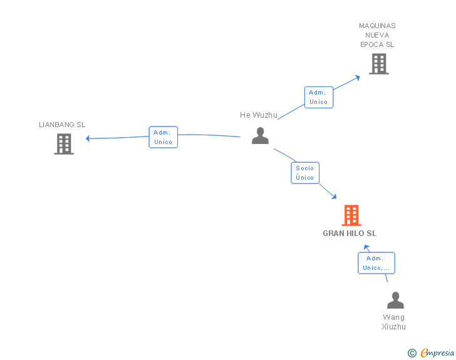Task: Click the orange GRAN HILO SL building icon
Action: click(x=351, y=215)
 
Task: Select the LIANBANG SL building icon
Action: click(x=64, y=144)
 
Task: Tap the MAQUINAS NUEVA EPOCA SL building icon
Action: click(x=379, y=64)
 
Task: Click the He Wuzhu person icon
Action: click(x=261, y=135)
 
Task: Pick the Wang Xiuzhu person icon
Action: click(x=395, y=300)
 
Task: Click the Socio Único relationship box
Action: click(x=305, y=173)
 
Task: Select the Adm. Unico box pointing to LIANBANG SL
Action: click(x=163, y=137)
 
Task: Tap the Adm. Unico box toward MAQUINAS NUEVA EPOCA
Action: click(x=319, y=97)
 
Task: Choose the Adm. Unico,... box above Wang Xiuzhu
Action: click(x=376, y=263)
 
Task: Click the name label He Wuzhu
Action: click(x=259, y=115)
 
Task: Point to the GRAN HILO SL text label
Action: click(x=350, y=233)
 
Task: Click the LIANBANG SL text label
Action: click(x=62, y=125)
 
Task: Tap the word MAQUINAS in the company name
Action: click(x=377, y=26)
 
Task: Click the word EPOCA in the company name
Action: click(x=371, y=44)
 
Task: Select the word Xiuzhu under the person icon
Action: click(x=393, y=327)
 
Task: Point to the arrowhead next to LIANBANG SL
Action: click(x=88, y=138)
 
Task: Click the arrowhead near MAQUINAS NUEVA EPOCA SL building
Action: click(x=358, y=78)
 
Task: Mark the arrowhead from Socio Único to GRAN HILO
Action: click(x=334, y=197)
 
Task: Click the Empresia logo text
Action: click(x=437, y=352)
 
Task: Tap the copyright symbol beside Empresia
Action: click(x=412, y=353)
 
